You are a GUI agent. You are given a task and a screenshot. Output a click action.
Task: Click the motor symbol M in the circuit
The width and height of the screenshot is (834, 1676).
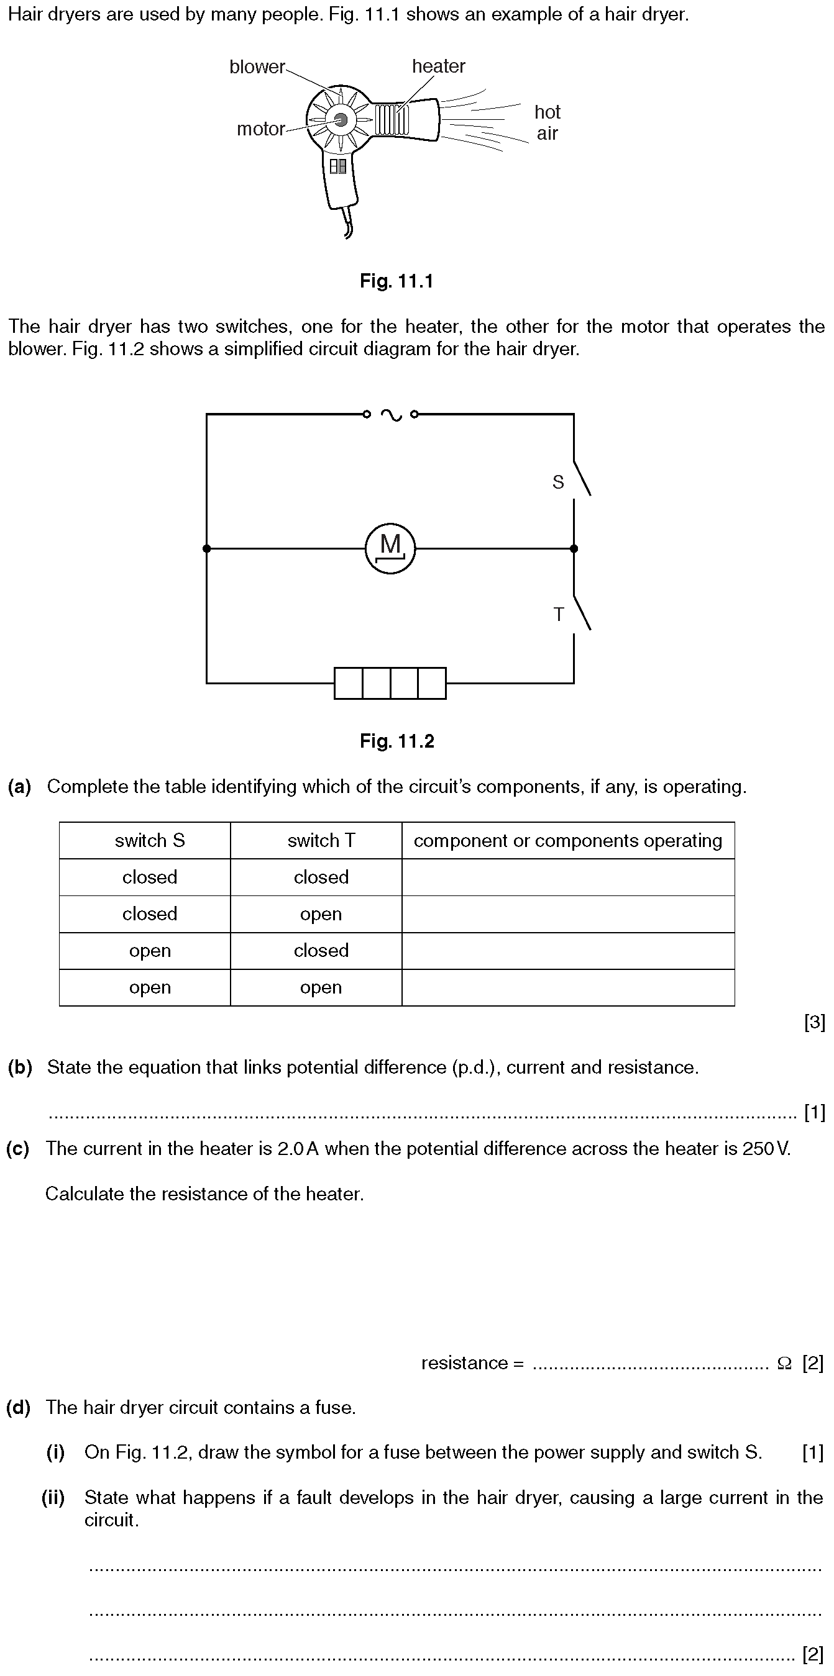tap(390, 548)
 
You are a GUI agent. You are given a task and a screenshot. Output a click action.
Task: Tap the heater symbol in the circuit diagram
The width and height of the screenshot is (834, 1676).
tap(390, 682)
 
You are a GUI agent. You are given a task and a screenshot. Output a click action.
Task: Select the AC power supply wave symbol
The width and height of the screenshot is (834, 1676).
tap(391, 414)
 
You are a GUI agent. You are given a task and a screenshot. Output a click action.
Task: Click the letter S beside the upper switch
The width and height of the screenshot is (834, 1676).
tap(558, 482)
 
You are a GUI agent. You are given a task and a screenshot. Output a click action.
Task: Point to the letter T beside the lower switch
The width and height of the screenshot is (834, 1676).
tap(558, 614)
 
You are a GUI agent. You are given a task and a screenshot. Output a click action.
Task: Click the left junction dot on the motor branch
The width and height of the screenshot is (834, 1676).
tap(207, 548)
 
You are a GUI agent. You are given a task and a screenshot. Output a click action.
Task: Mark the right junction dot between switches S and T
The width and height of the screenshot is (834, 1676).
tap(574, 548)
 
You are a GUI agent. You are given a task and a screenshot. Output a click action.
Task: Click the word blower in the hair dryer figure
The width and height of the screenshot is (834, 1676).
tap(257, 67)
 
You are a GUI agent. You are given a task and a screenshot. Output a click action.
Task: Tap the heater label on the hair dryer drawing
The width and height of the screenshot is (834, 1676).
tap(438, 66)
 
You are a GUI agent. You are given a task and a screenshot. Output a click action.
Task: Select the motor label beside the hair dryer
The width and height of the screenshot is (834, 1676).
tap(260, 130)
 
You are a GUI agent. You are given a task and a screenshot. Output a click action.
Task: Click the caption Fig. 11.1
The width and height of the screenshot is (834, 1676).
tap(396, 281)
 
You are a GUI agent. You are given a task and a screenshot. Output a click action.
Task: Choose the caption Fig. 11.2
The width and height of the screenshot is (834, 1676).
tap(396, 741)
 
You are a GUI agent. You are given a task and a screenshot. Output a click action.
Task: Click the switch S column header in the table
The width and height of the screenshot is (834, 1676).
tap(150, 841)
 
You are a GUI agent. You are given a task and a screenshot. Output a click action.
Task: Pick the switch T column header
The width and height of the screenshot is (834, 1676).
tap(321, 841)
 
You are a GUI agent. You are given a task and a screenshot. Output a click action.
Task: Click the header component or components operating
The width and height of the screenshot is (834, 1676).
tap(568, 841)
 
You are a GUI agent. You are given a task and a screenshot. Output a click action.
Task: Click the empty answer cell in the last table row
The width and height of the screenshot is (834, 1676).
tap(568, 987)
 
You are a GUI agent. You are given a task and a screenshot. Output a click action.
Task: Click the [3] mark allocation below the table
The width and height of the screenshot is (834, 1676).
tap(814, 1023)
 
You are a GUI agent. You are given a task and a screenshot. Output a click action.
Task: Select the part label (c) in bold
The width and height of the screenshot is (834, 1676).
tap(18, 1148)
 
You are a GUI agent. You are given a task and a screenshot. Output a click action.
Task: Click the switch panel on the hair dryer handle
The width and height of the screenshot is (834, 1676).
tap(338, 166)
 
